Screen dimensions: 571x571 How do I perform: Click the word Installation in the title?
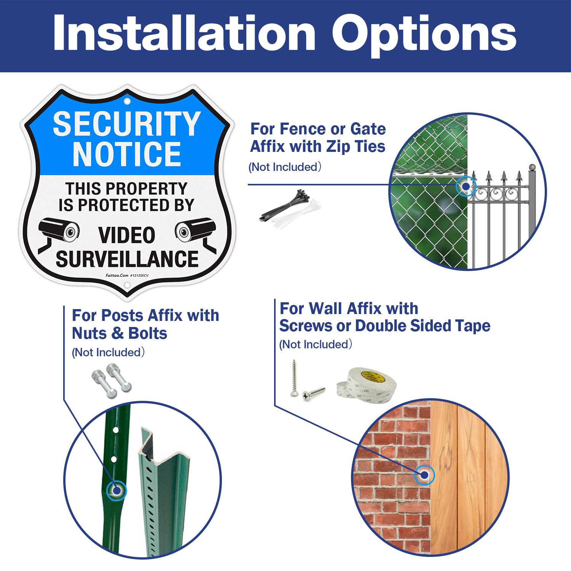[184, 33]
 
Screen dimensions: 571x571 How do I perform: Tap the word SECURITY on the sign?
[127, 124]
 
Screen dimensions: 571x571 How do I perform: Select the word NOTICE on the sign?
[127, 154]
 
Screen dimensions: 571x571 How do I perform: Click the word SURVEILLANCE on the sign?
[127, 259]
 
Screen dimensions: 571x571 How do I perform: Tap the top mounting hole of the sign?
[127, 101]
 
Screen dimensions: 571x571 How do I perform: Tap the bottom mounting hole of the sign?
[127, 285]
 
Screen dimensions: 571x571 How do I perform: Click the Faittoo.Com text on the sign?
[117, 275]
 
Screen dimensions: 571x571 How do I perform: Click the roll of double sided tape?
[367, 385]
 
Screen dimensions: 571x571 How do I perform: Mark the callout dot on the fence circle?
[466, 187]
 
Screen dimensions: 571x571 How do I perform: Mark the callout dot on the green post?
[116, 490]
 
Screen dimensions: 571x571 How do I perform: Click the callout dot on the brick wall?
[424, 475]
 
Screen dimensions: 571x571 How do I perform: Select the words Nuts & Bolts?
[120, 333]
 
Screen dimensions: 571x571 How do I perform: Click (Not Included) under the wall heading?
[316, 345]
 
